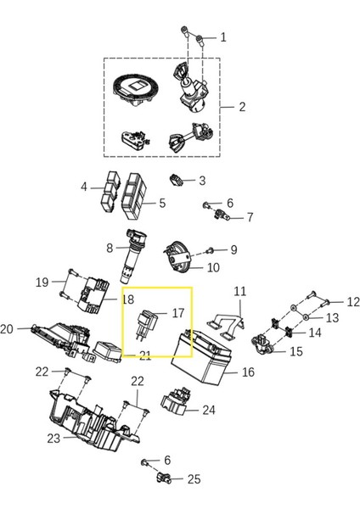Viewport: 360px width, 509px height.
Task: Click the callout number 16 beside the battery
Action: point(248,372)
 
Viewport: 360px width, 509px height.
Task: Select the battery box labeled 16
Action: point(200,356)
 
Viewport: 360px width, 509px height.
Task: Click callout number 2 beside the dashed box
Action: point(242,107)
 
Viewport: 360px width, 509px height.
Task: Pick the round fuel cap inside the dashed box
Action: point(136,90)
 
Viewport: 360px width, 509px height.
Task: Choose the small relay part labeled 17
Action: point(146,325)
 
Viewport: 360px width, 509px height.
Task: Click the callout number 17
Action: point(178,313)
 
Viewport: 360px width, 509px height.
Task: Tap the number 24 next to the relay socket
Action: point(209,410)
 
